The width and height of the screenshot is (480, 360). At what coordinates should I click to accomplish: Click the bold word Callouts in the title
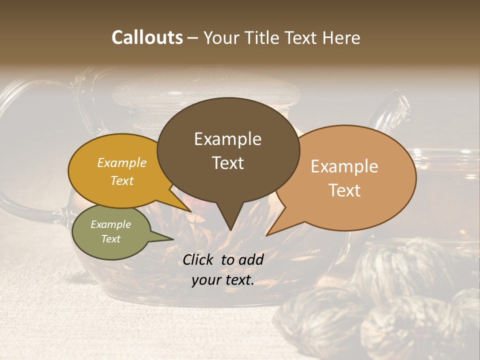pyautogui.click(x=147, y=37)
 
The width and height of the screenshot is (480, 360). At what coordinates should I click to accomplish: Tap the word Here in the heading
pyautogui.click(x=342, y=38)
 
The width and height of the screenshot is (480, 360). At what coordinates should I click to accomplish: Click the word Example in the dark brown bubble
pyautogui.click(x=228, y=139)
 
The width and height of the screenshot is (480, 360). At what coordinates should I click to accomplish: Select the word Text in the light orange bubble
pyautogui.click(x=345, y=190)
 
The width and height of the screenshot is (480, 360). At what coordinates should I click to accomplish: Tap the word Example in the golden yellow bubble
pyautogui.click(x=121, y=163)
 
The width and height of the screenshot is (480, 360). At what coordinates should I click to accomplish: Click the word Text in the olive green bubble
pyautogui.click(x=110, y=239)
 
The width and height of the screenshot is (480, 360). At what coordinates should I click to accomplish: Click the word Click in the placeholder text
pyautogui.click(x=198, y=259)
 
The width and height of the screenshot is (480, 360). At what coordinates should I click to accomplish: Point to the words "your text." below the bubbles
pyautogui.click(x=223, y=280)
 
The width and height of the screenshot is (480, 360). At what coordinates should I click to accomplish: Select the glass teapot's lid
pyautogui.click(x=205, y=92)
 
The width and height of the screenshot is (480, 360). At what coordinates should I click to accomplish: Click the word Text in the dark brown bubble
pyautogui.click(x=228, y=163)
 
